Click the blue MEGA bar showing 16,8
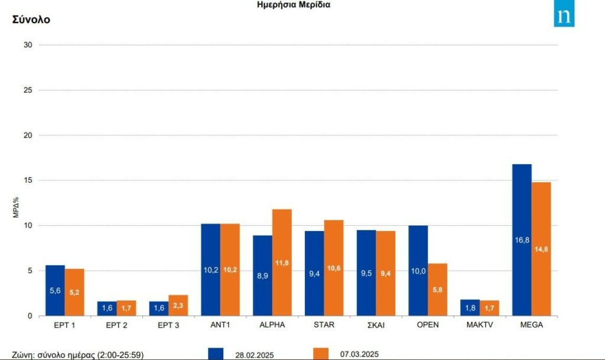(522, 239)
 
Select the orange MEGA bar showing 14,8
(541, 248)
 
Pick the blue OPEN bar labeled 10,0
(418, 270)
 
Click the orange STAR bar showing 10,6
(334, 267)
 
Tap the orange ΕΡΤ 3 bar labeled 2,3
(178, 305)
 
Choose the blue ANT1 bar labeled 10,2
(210, 270)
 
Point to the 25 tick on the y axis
(27, 90)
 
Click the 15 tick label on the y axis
(27, 180)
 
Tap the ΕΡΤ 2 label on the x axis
(116, 325)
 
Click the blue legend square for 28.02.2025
(216, 353)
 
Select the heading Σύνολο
(31, 20)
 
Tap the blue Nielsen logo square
(564, 17)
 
